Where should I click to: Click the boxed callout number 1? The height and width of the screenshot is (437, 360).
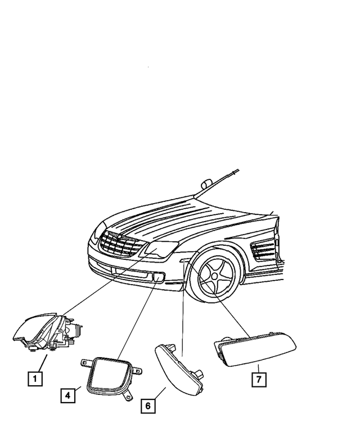pyautogui.click(x=35, y=379)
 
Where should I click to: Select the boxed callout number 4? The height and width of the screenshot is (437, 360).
pyautogui.click(x=67, y=396)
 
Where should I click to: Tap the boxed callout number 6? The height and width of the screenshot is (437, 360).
pyautogui.click(x=148, y=404)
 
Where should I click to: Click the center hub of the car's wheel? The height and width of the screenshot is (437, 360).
pyautogui.click(x=215, y=279)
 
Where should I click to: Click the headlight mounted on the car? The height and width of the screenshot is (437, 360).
pyautogui.click(x=160, y=249)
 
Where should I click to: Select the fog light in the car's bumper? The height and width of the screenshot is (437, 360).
pyautogui.click(x=158, y=277)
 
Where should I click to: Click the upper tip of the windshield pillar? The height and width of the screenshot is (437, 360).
pyautogui.click(x=237, y=169)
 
